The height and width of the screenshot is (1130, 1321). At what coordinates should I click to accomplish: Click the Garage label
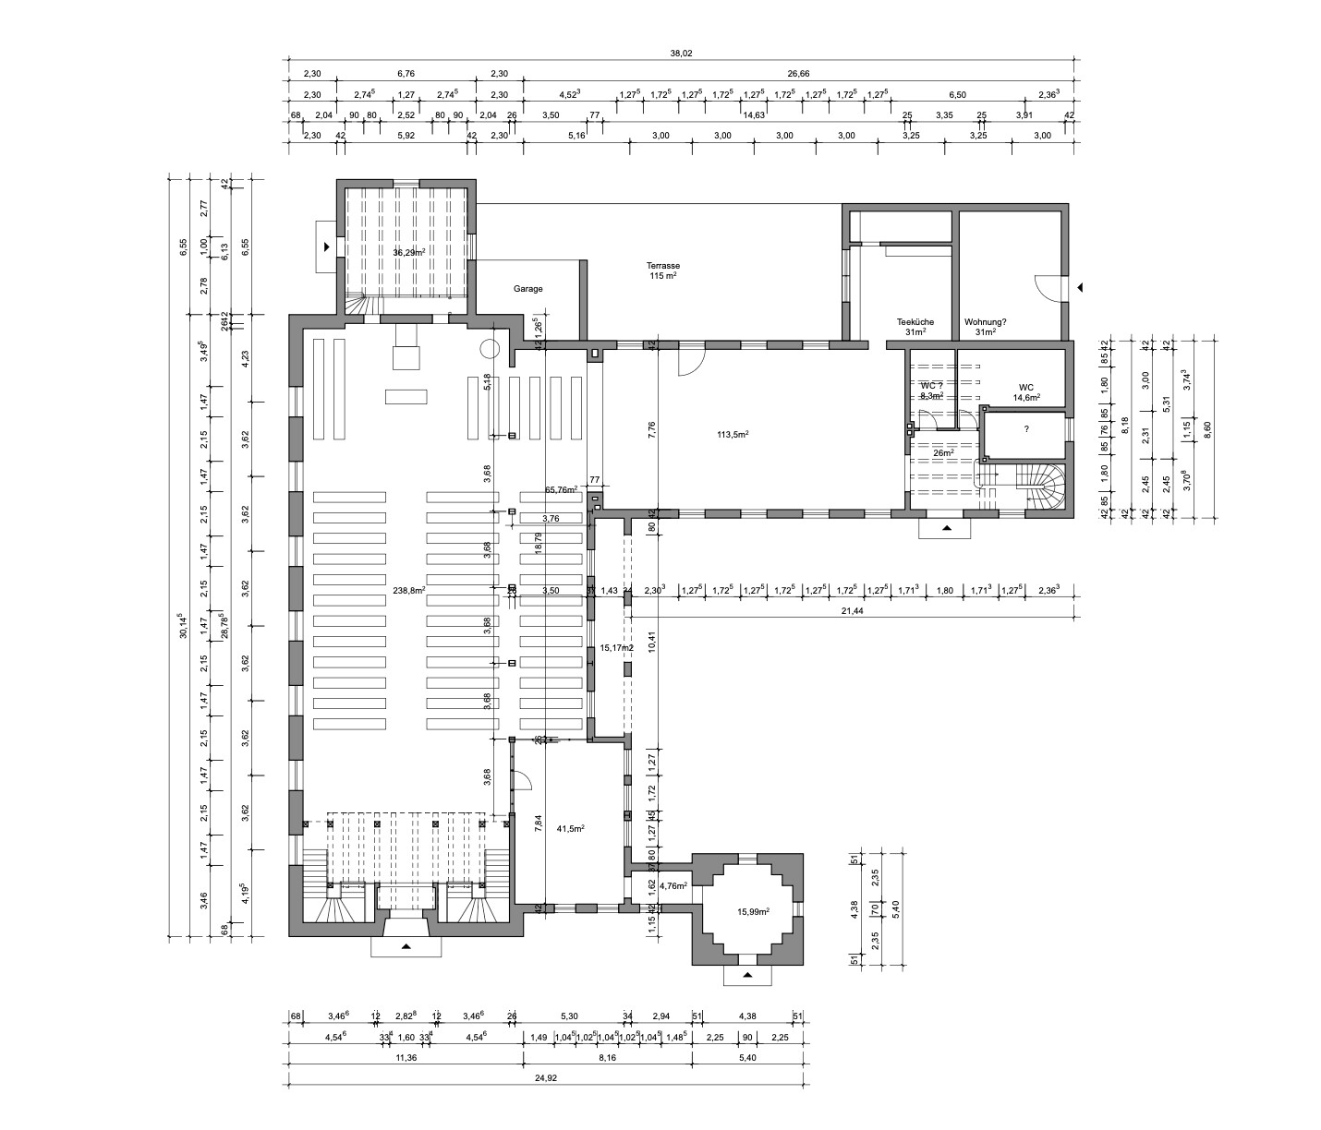tap(528, 289)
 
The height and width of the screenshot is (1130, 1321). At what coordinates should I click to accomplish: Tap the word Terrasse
tap(663, 266)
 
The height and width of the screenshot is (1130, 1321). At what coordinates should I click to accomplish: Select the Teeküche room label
tap(915, 322)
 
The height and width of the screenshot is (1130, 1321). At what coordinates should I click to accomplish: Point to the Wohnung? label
tap(986, 322)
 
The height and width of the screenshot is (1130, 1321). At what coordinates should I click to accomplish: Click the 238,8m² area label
tap(408, 591)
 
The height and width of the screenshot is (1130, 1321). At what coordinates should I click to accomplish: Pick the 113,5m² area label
tap(732, 434)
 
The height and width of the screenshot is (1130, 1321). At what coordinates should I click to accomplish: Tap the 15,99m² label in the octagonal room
tap(754, 912)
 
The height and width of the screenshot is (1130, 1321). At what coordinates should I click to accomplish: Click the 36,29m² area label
tap(407, 253)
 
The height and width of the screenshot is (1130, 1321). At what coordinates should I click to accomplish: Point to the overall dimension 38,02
tap(681, 54)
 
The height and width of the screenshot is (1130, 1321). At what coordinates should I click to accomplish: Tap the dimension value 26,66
tap(798, 74)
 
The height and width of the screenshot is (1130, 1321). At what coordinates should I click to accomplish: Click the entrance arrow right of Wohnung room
tap(1080, 288)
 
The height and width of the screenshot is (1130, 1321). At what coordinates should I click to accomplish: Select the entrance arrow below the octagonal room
tap(747, 975)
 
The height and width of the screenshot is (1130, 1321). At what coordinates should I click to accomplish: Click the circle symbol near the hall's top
tap(490, 350)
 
